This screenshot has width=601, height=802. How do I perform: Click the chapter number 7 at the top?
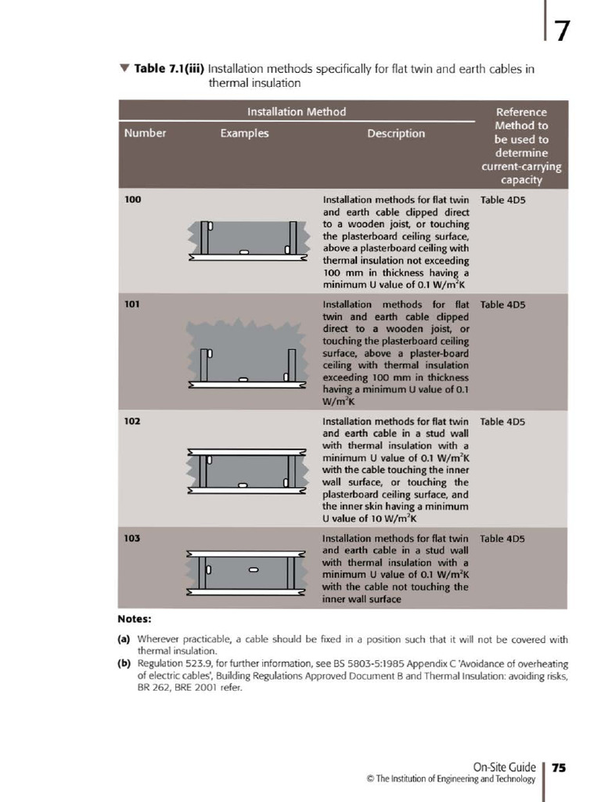click(562, 31)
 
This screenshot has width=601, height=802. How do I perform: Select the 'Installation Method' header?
click(297, 111)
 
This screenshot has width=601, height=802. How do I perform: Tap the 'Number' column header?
click(145, 133)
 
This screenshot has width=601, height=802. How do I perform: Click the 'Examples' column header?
click(244, 133)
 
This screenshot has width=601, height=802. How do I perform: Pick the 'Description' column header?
click(396, 133)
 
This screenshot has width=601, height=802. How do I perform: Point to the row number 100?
click(133, 200)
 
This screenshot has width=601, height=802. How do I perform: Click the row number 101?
click(133, 304)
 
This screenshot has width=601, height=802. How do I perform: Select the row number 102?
click(133, 421)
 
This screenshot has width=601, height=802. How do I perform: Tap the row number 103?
click(133, 539)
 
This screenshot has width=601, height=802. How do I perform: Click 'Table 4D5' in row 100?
click(502, 200)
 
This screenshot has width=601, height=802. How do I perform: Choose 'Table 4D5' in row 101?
click(502, 304)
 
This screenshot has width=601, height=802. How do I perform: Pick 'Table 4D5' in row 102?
click(502, 421)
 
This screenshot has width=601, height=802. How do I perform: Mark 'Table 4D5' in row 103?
click(502, 539)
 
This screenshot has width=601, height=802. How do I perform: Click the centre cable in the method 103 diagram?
click(253, 569)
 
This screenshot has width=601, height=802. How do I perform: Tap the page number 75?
click(559, 768)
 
